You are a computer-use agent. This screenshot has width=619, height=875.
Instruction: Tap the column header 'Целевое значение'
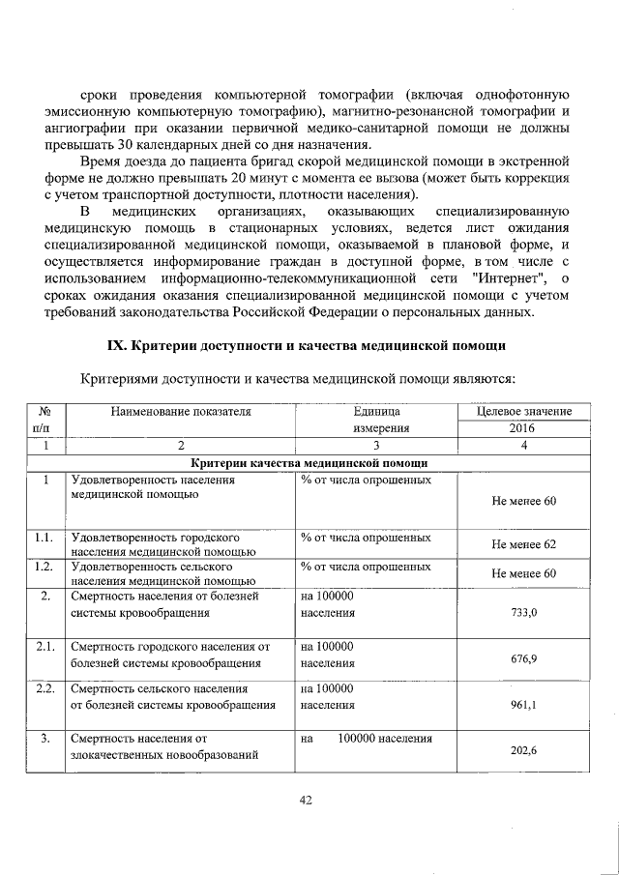point(523,412)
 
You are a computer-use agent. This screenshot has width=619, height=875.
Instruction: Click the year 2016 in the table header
point(523,427)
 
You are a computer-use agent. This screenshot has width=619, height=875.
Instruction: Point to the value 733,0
point(523,613)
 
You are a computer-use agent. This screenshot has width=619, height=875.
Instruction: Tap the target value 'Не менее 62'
point(523,544)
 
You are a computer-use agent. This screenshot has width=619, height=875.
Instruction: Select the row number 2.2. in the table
point(43,689)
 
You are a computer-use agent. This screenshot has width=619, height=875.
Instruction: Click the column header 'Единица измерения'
point(369,419)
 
